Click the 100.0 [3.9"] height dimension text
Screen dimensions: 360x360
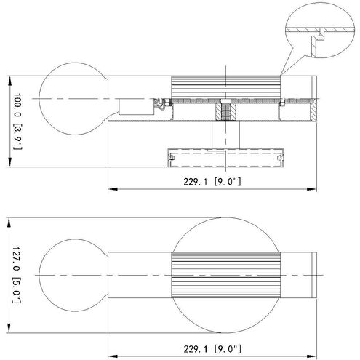pos(17,121)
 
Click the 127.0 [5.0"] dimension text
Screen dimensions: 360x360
pos(17,275)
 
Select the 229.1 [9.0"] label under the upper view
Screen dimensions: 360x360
pos(212,181)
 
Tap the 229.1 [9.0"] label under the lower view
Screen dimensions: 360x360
pos(212,349)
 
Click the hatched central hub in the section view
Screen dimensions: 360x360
pos(226,111)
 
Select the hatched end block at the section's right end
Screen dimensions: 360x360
pos(313,111)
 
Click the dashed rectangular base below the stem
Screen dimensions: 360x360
pos(225,158)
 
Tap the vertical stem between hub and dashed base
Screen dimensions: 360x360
pos(225,135)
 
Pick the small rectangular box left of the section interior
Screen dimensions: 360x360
pos(137,106)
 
